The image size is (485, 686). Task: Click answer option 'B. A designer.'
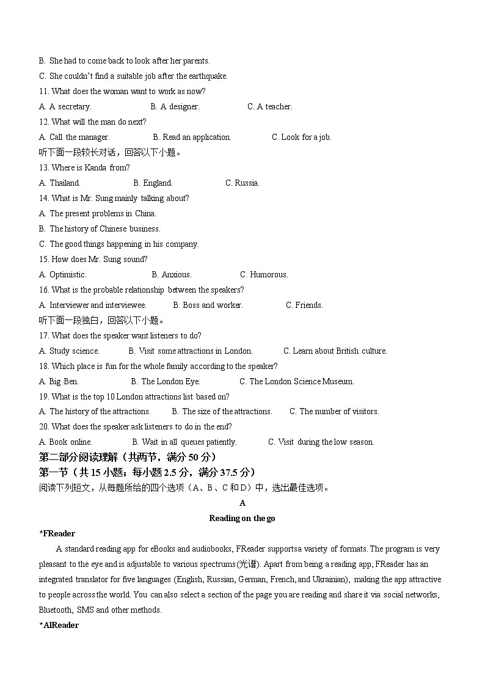[x=175, y=106]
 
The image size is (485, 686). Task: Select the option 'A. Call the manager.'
[x=74, y=137]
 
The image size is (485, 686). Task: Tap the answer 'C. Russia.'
[x=242, y=183]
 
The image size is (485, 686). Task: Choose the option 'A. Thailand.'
[x=59, y=183]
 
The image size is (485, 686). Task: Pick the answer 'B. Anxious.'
[x=172, y=274]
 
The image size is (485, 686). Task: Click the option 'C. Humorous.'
[x=264, y=274]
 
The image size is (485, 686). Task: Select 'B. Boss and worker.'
[x=208, y=305]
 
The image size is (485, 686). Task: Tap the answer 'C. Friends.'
[x=304, y=305]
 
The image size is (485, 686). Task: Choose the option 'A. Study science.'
[x=69, y=351]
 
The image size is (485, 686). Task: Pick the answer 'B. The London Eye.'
[x=166, y=381]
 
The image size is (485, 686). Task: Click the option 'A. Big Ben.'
[x=59, y=381]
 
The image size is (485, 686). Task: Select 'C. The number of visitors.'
[x=334, y=411]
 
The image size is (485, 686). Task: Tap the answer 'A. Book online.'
[x=65, y=442]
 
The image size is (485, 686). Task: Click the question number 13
[x=43, y=167]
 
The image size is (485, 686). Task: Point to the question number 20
[x=43, y=426]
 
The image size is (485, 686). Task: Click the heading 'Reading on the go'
[x=242, y=518]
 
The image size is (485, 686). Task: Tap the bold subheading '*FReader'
[x=57, y=533]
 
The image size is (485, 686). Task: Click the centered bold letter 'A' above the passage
[x=242, y=503]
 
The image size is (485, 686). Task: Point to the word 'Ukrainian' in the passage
[x=330, y=579]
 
